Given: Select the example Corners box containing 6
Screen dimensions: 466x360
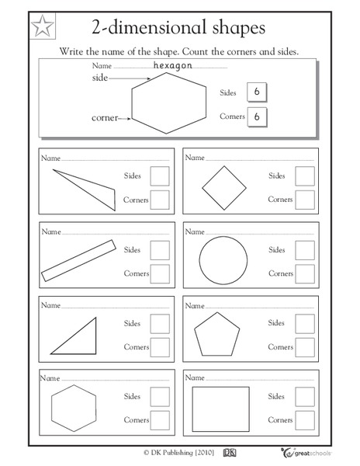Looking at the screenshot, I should click(256, 117).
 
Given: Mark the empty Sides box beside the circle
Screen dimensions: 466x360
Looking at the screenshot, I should click(305, 250).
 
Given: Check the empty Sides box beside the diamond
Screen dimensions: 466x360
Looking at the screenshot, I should click(305, 176).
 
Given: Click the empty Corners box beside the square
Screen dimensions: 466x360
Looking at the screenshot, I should click(305, 421).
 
